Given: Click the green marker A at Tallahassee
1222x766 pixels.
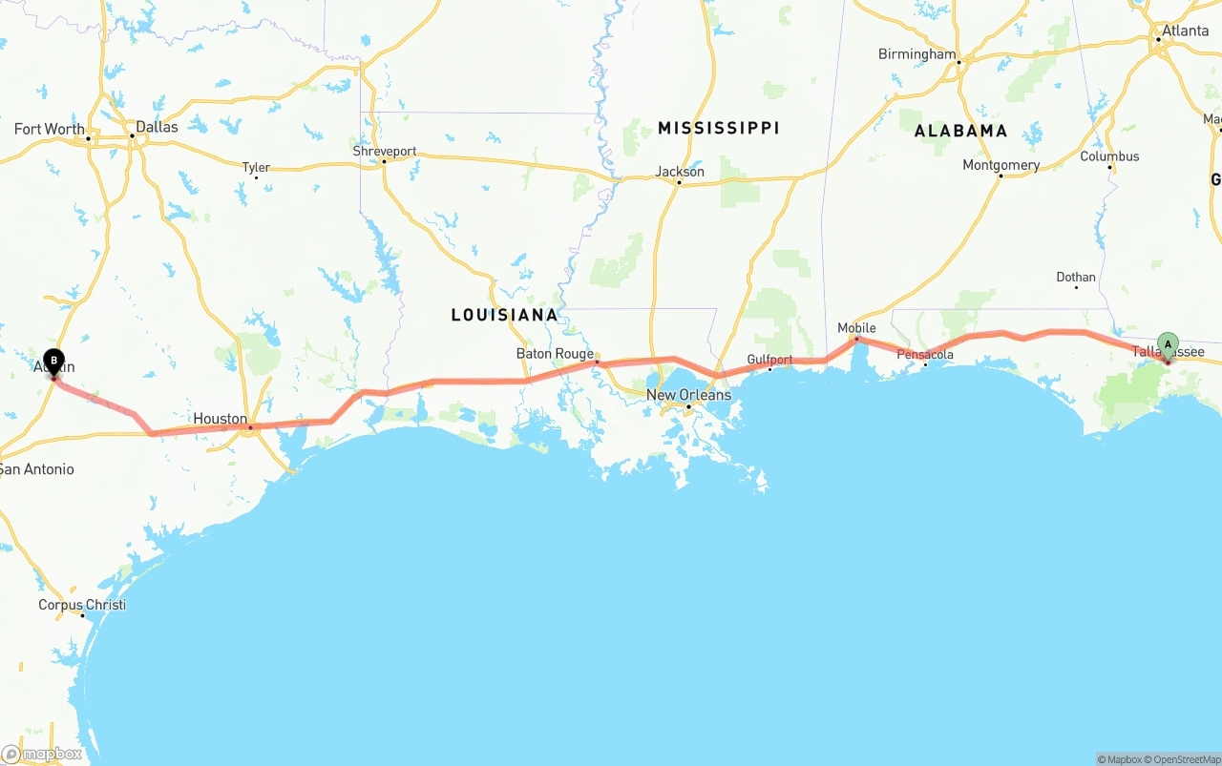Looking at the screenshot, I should tap(1168, 345).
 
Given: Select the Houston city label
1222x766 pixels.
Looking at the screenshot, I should tap(220, 419).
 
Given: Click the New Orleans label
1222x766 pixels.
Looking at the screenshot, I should tap(688, 395).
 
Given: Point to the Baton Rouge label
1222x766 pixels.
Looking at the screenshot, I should tap(555, 354).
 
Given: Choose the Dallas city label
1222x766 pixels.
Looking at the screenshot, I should tap(157, 127).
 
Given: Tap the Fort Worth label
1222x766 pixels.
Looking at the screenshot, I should tap(49, 130).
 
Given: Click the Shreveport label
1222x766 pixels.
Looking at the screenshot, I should tap(384, 152).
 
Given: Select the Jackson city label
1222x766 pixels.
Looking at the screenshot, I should tap(680, 172).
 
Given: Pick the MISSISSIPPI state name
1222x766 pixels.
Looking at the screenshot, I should tap(718, 128).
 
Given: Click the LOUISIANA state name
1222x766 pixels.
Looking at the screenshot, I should tap(504, 315).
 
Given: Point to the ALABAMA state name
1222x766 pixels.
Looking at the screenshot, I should tap(960, 131).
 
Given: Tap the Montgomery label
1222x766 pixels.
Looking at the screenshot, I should tap(1001, 165).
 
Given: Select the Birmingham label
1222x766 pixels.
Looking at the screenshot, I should tap(916, 54).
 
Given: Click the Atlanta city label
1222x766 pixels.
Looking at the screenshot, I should tap(1185, 31).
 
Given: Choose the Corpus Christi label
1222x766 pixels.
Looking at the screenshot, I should tap(82, 605).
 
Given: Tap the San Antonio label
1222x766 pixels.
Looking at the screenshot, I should tap(36, 469).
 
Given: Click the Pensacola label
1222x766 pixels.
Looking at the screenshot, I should tap(924, 355).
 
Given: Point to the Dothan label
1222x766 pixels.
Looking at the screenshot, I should tap(1076, 278).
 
